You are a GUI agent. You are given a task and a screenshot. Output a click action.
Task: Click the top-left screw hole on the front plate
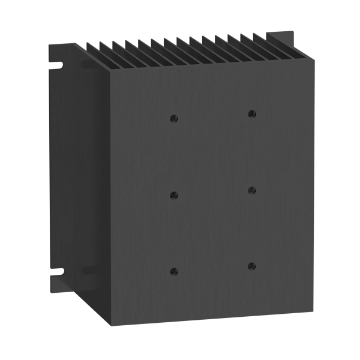[x=173, y=118]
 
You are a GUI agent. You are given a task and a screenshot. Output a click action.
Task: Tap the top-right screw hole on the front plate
[x=251, y=113]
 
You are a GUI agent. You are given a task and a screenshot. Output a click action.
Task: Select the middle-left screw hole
[x=174, y=195]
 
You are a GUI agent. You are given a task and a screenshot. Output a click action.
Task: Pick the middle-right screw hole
[x=251, y=190]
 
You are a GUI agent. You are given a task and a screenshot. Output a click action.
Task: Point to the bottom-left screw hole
[x=174, y=271]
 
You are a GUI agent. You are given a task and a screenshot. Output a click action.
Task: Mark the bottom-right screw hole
[x=251, y=266]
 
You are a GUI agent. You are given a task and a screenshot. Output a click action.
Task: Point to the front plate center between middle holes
[x=212, y=192]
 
